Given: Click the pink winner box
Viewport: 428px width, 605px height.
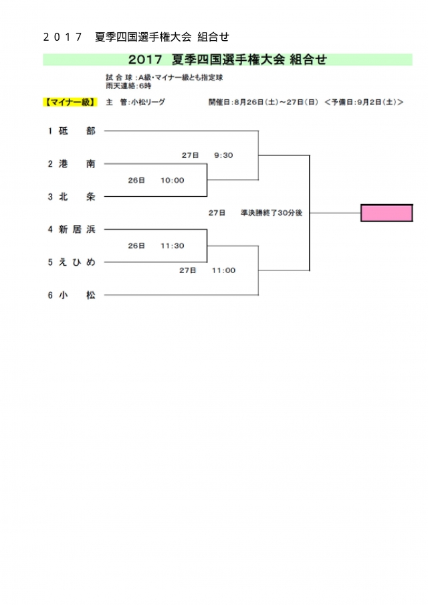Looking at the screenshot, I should pos(387,213).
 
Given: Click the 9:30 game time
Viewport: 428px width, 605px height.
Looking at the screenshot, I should pos(223,155).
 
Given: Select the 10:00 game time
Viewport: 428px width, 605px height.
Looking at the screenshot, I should pos(173,180).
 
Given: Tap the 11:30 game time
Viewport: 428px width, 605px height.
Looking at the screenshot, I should pos(173,246).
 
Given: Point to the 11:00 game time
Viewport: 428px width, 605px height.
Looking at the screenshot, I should pos(223,270).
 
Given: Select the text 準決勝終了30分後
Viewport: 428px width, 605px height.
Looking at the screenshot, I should pos(272,213).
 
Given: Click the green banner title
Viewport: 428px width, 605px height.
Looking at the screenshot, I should pos(227,60).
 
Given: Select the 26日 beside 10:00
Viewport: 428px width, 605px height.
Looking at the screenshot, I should pos(136,180).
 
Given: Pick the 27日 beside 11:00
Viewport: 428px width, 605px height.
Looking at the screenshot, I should pos(188,270).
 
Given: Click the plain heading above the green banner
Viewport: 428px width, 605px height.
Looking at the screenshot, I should pos(136,37).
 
